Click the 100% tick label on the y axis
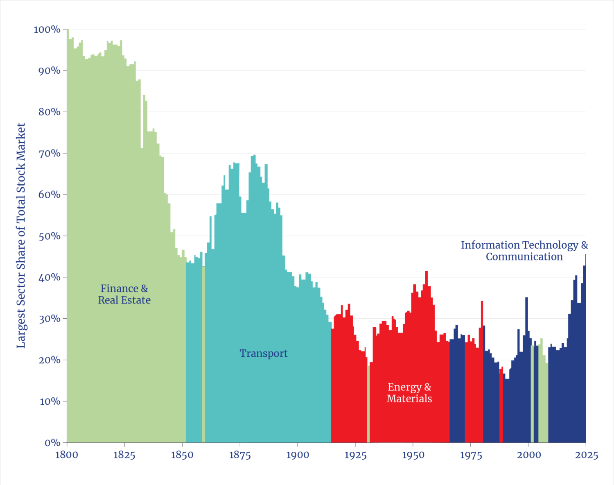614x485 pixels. pos(47,29)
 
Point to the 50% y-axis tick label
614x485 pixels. pos(50,236)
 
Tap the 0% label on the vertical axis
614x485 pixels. pos(52,443)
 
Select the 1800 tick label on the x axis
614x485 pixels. pos(67,455)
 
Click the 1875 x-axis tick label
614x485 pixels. pos(240,455)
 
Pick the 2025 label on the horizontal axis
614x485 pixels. pos(587,455)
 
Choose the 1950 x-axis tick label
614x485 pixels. pos(413,455)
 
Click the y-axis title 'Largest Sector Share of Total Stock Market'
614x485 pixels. pos(21,236)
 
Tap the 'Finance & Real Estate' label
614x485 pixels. pos(124,294)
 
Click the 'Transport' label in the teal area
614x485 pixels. pos(264,353)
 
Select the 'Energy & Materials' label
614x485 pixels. pos(409,392)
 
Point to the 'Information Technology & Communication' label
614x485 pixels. pos(524,251)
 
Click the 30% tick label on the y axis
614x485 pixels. pos(50,319)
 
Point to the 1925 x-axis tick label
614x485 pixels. pos(355,455)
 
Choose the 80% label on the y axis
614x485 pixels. pos(50,112)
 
